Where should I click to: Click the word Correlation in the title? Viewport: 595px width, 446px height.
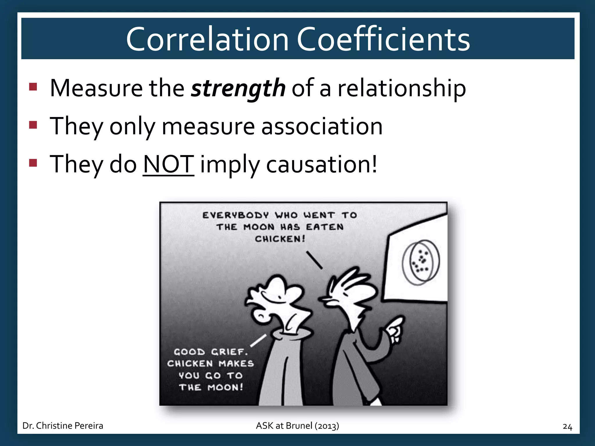(x=207, y=39)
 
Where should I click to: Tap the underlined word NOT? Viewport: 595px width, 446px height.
(x=169, y=164)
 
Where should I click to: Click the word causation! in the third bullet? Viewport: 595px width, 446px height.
(x=322, y=164)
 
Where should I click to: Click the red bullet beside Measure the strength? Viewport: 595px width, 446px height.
(x=33, y=87)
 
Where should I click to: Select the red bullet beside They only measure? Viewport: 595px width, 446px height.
(x=33, y=125)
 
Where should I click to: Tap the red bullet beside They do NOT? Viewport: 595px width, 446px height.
(x=33, y=163)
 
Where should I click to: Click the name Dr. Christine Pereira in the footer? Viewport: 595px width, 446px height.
(x=63, y=426)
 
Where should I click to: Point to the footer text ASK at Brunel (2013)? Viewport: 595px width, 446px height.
(x=297, y=426)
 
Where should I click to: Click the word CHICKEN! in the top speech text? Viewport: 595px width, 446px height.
(x=280, y=239)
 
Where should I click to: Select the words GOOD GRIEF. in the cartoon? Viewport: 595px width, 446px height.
(x=211, y=352)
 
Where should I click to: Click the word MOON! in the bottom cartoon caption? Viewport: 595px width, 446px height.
(x=225, y=387)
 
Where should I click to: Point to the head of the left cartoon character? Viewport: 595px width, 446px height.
(x=276, y=302)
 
